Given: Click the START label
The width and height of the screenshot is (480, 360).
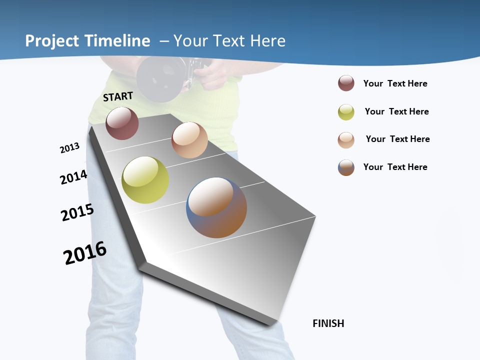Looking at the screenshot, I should tap(118, 96).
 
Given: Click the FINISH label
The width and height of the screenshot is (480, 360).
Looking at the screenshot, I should tap(328, 323).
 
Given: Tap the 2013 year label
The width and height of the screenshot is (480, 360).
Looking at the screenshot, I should tap(69, 148).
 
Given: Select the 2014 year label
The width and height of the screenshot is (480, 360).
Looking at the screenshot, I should tap(73, 177).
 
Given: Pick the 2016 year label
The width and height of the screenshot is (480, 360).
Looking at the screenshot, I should tap(85, 253).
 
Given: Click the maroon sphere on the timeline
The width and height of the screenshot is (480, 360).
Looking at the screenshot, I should tap(122, 123).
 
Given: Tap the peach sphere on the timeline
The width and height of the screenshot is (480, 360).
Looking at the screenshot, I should tap(189, 140).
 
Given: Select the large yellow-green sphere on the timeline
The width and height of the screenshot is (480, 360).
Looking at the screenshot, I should tap(145, 180).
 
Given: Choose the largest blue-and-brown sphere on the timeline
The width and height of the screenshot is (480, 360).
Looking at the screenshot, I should tap(216, 207).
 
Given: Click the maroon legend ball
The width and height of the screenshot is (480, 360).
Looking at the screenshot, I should tap(346, 83).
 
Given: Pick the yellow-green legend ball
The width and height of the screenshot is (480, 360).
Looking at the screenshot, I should tap(346, 112).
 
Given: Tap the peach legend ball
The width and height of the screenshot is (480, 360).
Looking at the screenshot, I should tap(346, 140).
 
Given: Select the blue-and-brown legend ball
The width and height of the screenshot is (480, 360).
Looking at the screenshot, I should tap(346, 167).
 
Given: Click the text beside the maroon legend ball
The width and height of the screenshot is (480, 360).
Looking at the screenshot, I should tap(395, 83).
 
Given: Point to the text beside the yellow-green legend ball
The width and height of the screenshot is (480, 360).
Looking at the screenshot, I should tap(396, 111).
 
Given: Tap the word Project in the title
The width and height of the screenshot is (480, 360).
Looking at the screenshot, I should tap(53, 41).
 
